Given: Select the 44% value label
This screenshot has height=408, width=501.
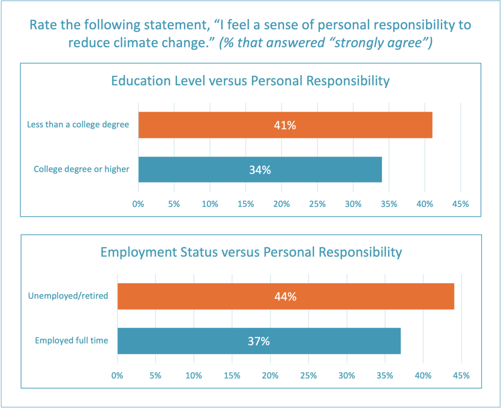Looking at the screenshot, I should pyautogui.click(x=286, y=296).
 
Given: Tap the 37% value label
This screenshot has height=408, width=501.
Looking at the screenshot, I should pyautogui.click(x=259, y=341).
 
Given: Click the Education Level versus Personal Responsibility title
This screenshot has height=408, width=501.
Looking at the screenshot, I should pyautogui.click(x=250, y=81).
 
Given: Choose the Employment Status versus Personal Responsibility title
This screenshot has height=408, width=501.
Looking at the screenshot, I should pyautogui.click(x=251, y=252).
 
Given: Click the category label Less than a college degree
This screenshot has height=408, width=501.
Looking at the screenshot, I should pyautogui.click(x=78, y=125).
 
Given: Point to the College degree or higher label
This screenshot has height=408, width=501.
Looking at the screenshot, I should pyautogui.click(x=82, y=169).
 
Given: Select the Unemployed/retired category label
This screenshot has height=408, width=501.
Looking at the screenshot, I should pyautogui.click(x=68, y=296).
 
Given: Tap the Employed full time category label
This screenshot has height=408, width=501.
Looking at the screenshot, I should pyautogui.click(x=71, y=340).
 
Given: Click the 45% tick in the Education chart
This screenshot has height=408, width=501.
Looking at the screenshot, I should pyautogui.click(x=461, y=204).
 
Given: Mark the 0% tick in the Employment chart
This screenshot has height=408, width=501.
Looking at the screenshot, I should pyautogui.click(x=117, y=375).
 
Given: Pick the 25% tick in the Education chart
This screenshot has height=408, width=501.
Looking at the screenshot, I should pyautogui.click(x=317, y=204).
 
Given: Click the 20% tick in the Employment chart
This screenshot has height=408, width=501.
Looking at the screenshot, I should pyautogui.click(x=270, y=375).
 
